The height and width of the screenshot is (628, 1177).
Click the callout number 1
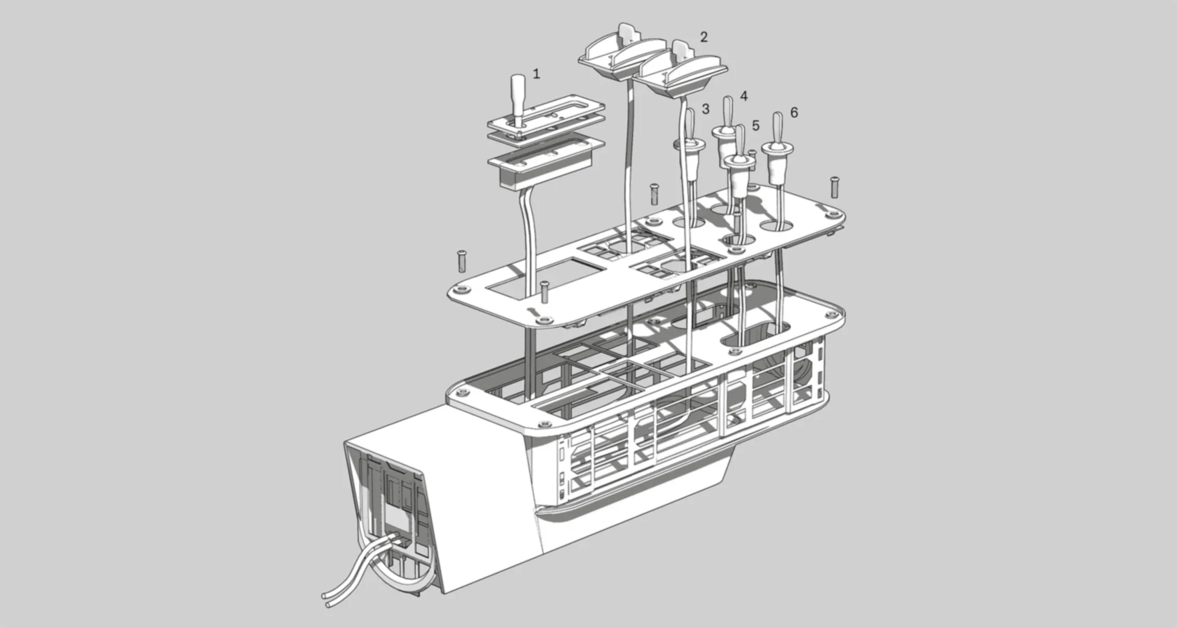pyautogui.click(x=537, y=74)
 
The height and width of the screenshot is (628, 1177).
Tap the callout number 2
pyautogui.click(x=704, y=37)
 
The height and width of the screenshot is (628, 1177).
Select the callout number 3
pyautogui.click(x=705, y=109)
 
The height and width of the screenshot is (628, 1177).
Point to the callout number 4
pyautogui.click(x=743, y=96)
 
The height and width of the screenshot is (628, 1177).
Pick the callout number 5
pyautogui.click(x=755, y=126)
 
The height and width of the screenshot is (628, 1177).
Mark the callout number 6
pyautogui.click(x=794, y=112)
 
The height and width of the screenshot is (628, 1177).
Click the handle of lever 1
pyautogui.click(x=518, y=94)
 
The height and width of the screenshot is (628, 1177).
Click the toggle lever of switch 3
pyautogui.click(x=690, y=124)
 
